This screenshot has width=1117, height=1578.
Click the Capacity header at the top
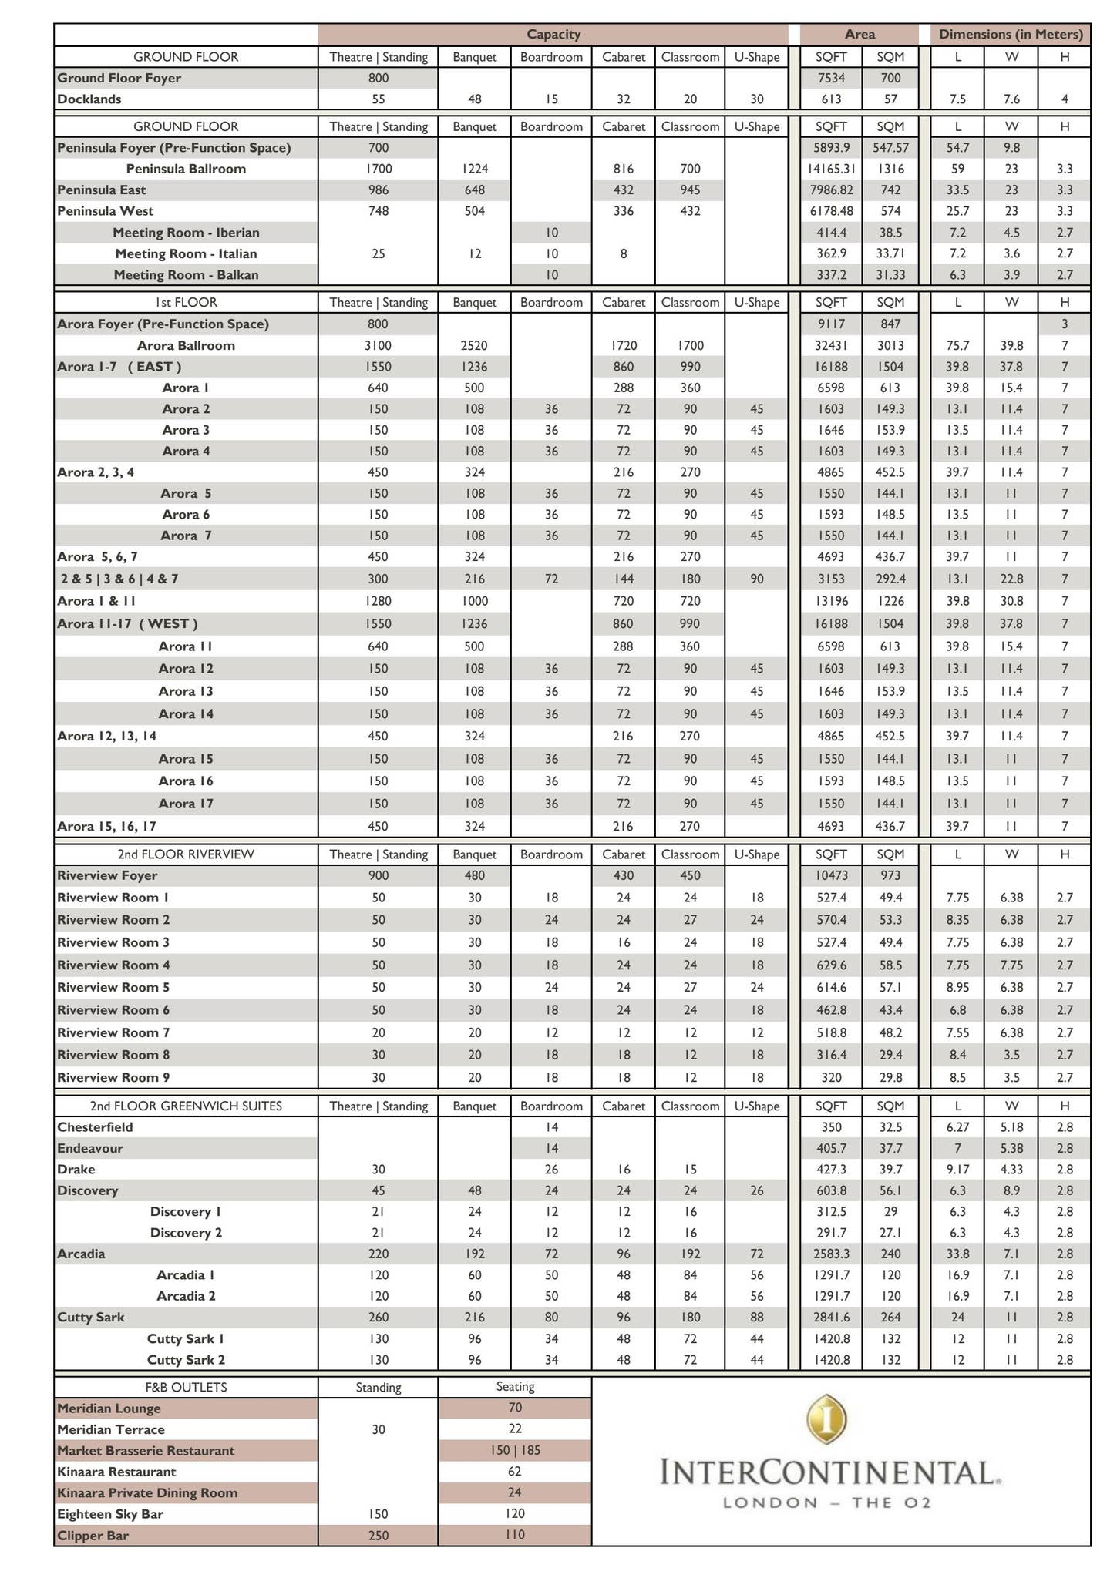[x=553, y=35]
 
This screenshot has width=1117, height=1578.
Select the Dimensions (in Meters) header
[x=1010, y=35]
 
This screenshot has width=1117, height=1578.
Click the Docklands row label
[x=89, y=99]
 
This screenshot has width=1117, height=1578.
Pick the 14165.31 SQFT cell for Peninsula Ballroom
[x=830, y=169]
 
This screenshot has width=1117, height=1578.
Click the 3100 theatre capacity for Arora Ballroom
[x=378, y=346]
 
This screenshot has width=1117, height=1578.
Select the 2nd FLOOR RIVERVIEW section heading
[x=186, y=854]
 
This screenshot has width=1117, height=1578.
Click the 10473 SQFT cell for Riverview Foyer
[x=830, y=876]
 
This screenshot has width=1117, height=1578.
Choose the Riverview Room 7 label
[x=113, y=1032]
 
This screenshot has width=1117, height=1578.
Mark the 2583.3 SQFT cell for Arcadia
[x=830, y=1254]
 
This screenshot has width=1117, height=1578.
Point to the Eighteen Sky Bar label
[x=110, y=1514]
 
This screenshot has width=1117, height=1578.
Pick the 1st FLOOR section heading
[x=186, y=303]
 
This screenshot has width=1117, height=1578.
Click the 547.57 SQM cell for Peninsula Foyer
[x=890, y=148]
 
